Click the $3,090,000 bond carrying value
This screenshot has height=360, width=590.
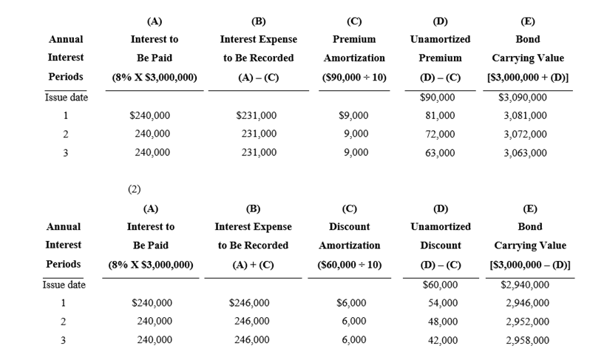[523, 97]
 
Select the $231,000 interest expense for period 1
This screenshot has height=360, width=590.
[256, 115]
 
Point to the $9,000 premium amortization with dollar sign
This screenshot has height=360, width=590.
[353, 115]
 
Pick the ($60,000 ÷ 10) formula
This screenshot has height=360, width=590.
[350, 264]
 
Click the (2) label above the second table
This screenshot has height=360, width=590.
[134, 189]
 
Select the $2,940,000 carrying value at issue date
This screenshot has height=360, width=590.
[524, 285]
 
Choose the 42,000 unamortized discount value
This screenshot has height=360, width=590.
[442, 340]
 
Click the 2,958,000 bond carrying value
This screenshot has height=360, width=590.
[526, 340]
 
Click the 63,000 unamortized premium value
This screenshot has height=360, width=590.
[441, 153]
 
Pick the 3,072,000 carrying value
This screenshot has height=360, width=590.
[525, 135]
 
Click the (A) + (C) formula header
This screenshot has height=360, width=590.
[253, 264]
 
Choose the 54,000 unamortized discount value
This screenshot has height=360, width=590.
[442, 303]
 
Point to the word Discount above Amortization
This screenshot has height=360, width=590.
[350, 226]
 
